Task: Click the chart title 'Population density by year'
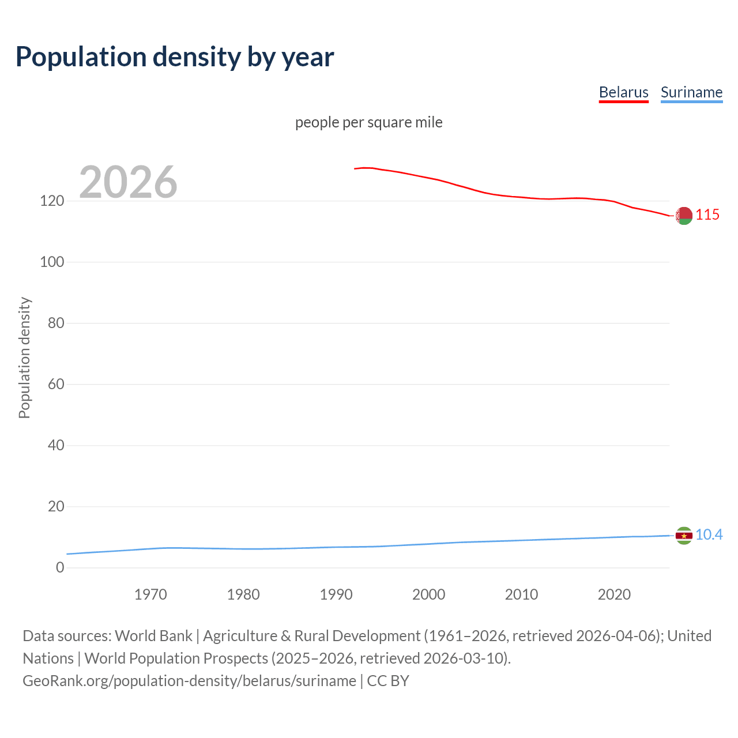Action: (175, 57)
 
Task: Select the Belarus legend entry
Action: (623, 92)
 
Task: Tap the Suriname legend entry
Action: (691, 92)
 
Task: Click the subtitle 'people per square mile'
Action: (368, 122)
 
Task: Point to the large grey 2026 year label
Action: (128, 182)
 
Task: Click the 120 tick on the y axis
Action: (52, 201)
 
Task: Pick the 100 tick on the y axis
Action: (52, 262)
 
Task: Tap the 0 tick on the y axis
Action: (60, 568)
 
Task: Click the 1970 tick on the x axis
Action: (150, 594)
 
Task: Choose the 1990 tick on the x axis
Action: (336, 594)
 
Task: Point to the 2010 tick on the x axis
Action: (521, 594)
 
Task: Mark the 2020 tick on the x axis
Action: (614, 594)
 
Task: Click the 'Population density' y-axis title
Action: (24, 357)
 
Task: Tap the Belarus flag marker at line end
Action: (684, 216)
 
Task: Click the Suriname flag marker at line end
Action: (684, 536)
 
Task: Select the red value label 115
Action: (707, 214)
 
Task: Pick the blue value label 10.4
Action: (709, 534)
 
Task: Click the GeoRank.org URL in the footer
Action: (189, 681)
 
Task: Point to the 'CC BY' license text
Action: (388, 681)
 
